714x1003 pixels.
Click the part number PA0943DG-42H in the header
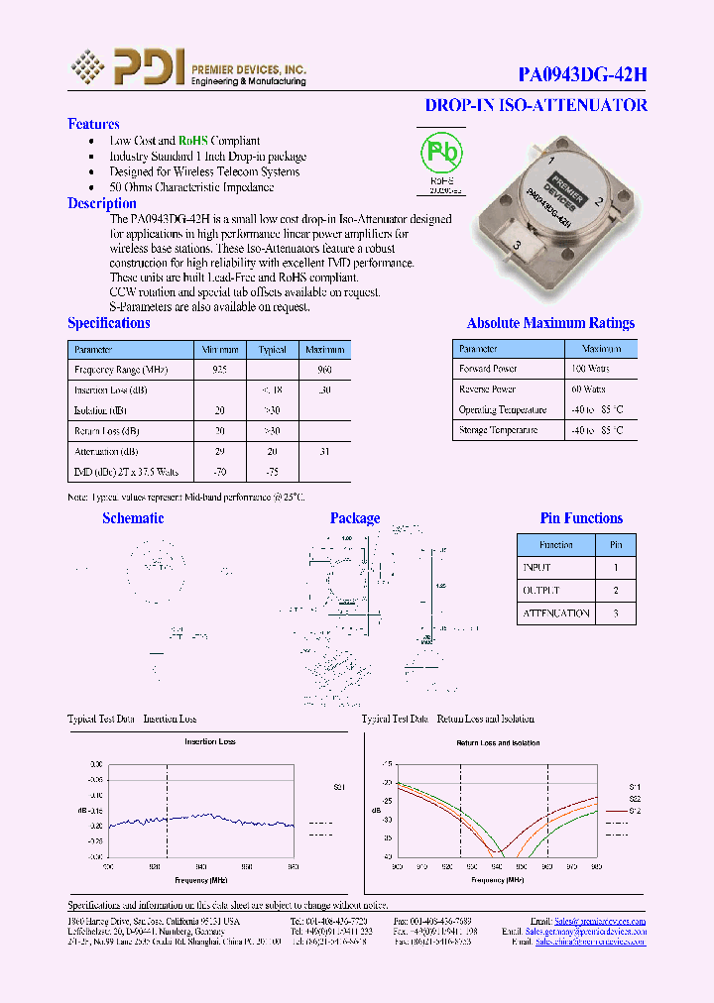[x=583, y=74]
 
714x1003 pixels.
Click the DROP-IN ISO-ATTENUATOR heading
[x=535, y=105]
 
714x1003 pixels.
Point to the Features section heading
[x=93, y=124]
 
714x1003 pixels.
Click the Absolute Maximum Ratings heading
[x=550, y=323]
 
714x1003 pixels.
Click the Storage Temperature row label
[x=498, y=430]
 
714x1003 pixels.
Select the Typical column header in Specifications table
[x=272, y=350]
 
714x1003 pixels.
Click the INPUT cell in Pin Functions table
[x=536, y=568]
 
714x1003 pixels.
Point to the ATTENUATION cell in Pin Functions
[x=556, y=613]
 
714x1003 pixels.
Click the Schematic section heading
[x=133, y=518]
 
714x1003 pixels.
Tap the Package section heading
[x=355, y=518]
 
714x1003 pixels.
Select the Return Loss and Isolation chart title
[x=498, y=742]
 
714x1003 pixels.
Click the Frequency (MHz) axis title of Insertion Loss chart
[x=203, y=878]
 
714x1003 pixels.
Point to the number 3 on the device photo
[x=517, y=244]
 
